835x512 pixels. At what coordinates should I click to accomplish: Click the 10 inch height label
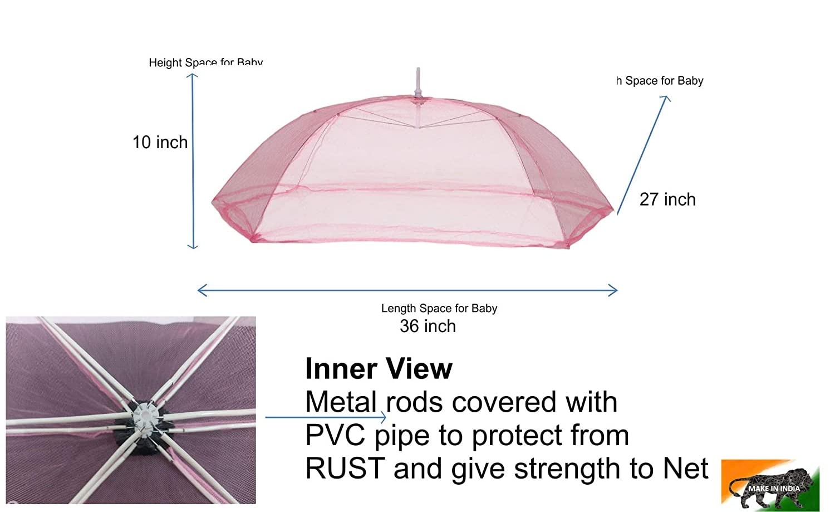160,143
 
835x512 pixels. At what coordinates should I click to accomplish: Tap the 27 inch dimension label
667,199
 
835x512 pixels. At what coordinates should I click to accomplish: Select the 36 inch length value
428,326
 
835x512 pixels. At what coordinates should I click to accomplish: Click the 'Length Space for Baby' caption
439,308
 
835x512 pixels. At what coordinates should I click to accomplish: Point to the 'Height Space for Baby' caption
205,62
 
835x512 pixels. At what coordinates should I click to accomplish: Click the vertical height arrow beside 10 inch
193,162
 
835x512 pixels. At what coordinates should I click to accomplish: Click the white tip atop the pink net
418,81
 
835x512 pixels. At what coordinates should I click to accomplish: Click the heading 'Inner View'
379,369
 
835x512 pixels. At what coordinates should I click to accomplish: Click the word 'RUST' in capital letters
345,469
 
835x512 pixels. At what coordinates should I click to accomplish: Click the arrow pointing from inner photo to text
326,417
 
